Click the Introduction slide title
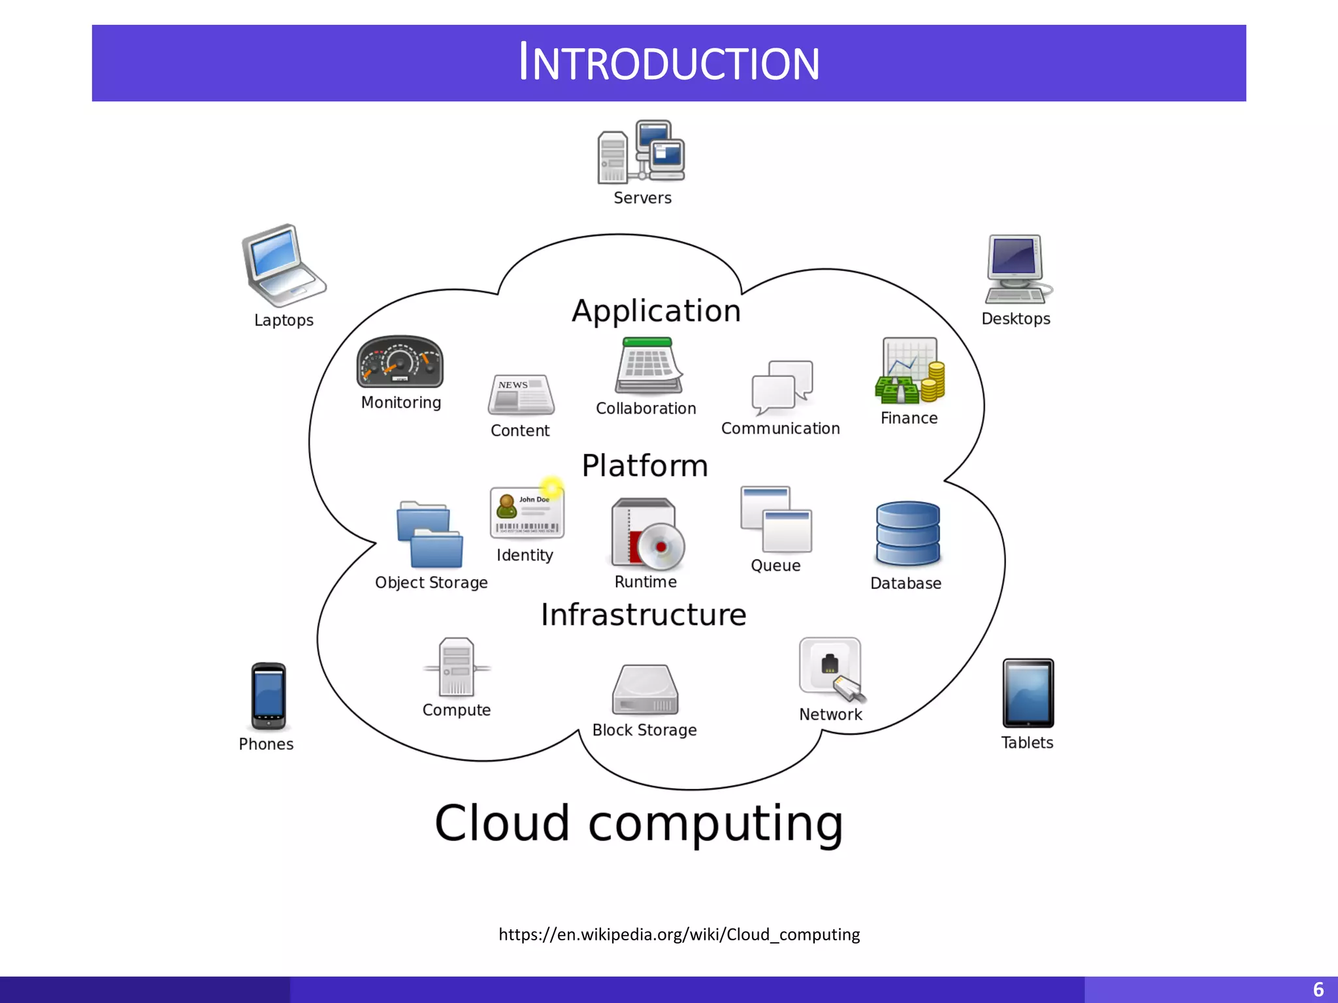[669, 63]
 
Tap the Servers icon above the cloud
[640, 152]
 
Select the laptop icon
[282, 265]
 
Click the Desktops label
[1016, 319]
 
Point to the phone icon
[268, 696]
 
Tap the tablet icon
[1028, 693]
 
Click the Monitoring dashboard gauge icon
[400, 362]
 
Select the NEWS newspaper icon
[521, 395]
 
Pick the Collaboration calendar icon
[648, 366]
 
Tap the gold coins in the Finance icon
[934, 383]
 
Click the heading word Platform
[645, 466]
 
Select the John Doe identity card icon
[527, 513]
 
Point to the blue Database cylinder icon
[907, 533]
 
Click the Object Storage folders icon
[429, 535]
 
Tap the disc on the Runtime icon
[661, 547]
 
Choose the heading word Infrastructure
[644, 615]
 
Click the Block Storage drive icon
[645, 690]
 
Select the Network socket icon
[830, 667]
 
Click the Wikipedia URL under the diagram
[679, 934]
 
